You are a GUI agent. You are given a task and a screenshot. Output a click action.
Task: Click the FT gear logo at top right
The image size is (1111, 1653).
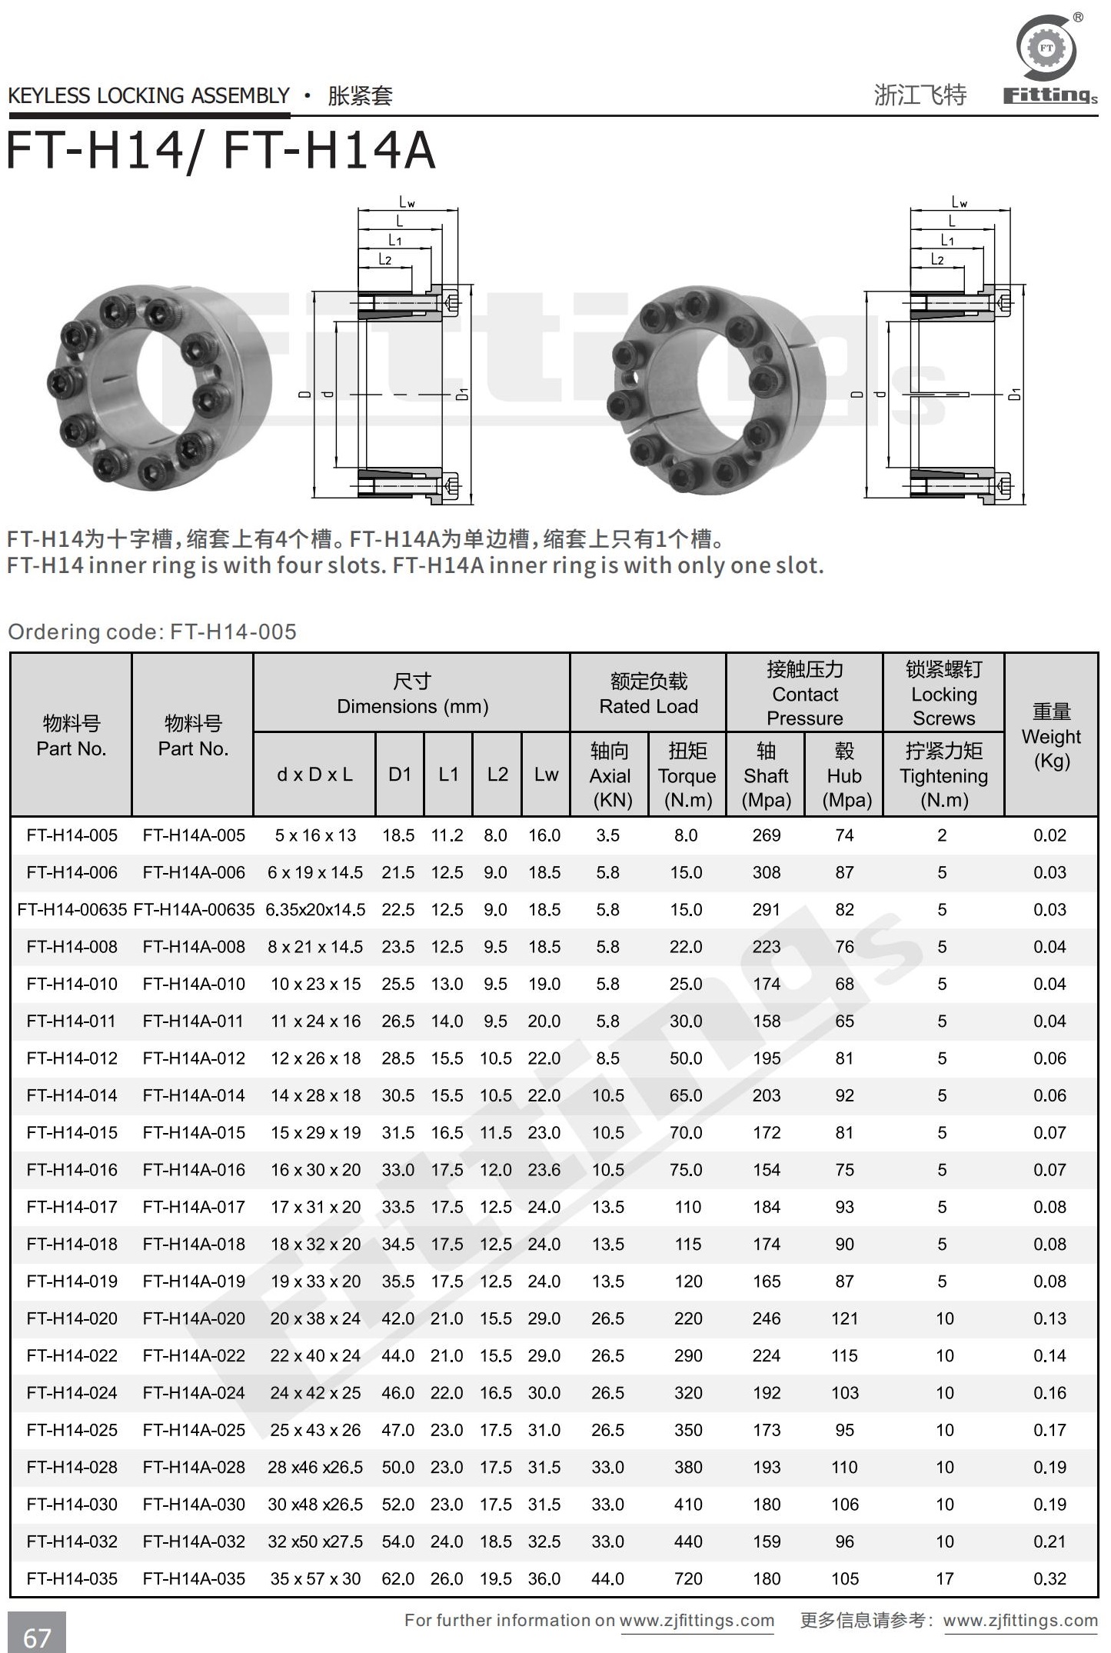(1046, 48)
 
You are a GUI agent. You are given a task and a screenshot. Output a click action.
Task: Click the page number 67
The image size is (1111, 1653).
(37, 1638)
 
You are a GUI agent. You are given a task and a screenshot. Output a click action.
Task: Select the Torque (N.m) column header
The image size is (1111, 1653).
(687, 775)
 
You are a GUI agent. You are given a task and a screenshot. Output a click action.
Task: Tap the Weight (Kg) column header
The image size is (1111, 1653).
(1051, 736)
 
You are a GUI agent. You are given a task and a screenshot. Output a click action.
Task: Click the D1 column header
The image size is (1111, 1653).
(400, 775)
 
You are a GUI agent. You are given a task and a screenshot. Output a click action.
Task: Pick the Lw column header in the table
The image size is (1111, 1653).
(546, 775)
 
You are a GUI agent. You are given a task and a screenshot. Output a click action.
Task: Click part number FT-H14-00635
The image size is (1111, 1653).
(72, 909)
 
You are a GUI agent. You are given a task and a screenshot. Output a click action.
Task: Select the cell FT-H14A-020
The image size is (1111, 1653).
(194, 1318)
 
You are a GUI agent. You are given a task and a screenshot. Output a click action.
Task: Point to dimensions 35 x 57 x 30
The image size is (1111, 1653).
(315, 1578)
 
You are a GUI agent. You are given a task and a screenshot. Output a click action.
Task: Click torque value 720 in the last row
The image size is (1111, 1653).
(688, 1578)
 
